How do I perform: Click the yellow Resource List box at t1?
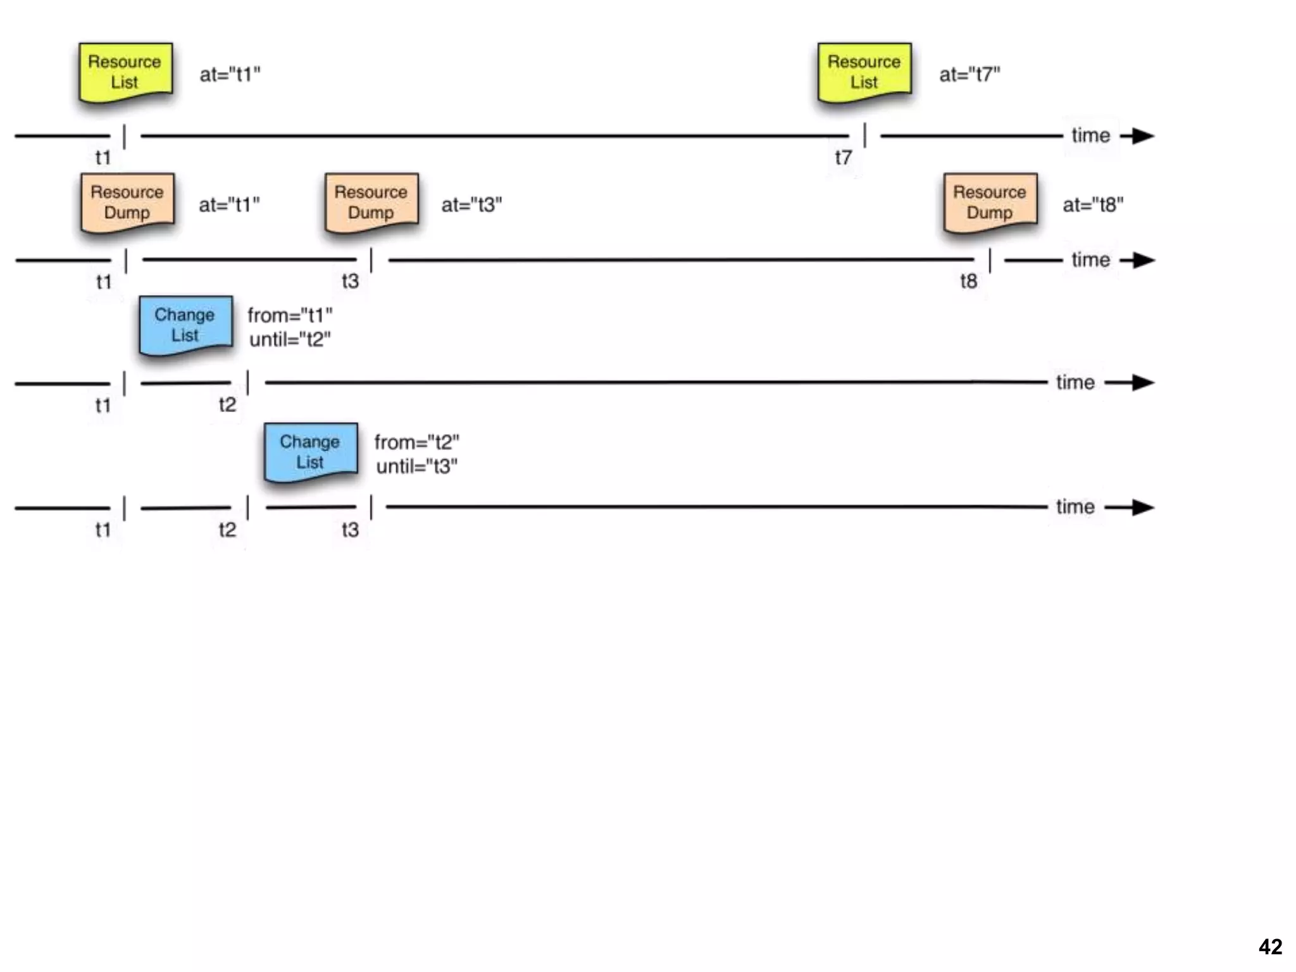point(125,72)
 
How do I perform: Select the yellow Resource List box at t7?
point(864,72)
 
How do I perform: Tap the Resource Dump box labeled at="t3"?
point(371,202)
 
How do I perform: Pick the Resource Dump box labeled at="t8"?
point(990,202)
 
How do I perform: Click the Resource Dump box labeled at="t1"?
point(127,202)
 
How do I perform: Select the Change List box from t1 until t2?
point(185,325)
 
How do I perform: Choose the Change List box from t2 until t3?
point(311,451)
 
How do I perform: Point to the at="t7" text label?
point(969,75)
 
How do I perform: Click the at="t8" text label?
point(1093,205)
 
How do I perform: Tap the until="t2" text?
point(290,340)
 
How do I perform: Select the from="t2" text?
point(416,442)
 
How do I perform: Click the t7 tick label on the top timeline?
point(843,157)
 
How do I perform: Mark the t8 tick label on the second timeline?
point(968,281)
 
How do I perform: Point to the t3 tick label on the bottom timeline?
point(350,530)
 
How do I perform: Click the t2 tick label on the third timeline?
point(227,404)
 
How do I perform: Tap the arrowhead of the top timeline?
point(1142,135)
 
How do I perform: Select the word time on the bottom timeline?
point(1075,506)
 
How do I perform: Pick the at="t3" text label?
point(471,205)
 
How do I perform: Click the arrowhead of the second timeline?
point(1142,260)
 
